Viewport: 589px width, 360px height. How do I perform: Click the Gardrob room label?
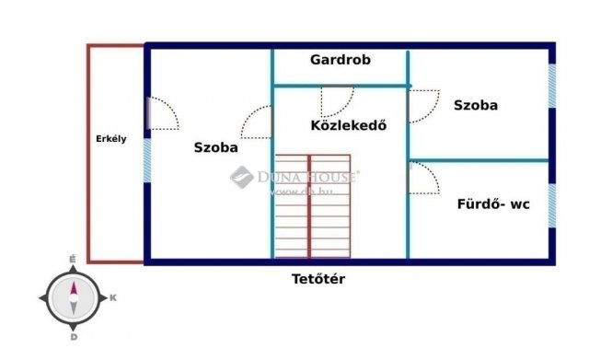pyautogui.click(x=341, y=60)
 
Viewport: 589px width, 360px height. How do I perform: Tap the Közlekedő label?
pyautogui.click(x=347, y=124)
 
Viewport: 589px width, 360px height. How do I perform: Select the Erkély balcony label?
pyautogui.click(x=111, y=139)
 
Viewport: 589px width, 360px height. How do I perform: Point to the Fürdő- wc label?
pyautogui.click(x=493, y=204)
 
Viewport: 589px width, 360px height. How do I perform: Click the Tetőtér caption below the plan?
pyautogui.click(x=318, y=279)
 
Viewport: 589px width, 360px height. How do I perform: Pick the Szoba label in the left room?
pyautogui.click(x=216, y=146)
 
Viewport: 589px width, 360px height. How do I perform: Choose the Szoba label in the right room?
pyautogui.click(x=476, y=105)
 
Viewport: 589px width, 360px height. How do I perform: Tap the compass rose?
pyautogui.click(x=74, y=296)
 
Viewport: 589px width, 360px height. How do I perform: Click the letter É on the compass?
pyautogui.click(x=73, y=261)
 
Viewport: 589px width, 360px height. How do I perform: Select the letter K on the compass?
pyautogui.click(x=112, y=297)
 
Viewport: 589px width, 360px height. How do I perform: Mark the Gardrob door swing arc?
pyautogui.click(x=335, y=101)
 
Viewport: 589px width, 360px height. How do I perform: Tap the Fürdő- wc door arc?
pyautogui.click(x=423, y=178)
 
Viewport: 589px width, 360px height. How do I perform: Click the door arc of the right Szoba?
pyautogui.click(x=423, y=105)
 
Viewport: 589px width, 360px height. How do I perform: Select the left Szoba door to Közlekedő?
pyautogui.click(x=257, y=122)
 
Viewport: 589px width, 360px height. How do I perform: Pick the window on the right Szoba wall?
pyautogui.click(x=551, y=86)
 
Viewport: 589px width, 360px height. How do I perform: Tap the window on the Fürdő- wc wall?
pyautogui.click(x=551, y=204)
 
